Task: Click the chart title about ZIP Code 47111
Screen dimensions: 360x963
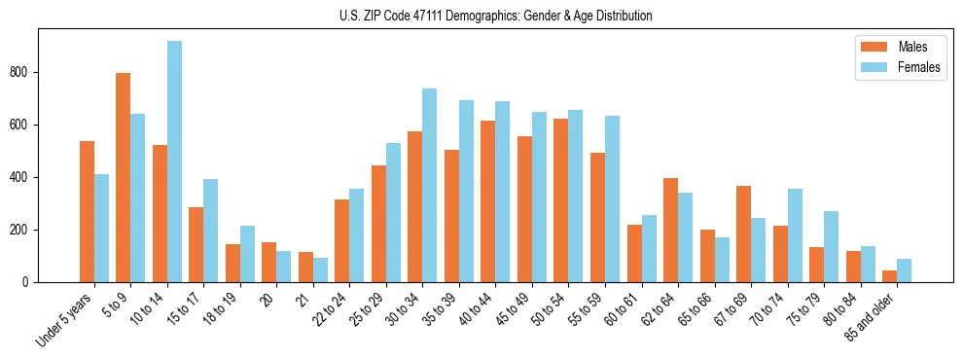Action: coord(481,16)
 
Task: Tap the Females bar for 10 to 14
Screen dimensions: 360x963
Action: coord(174,162)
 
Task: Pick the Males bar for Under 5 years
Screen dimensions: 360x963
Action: coord(87,211)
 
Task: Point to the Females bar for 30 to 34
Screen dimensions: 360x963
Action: coord(429,185)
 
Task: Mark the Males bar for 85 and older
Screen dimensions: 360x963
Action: coord(890,276)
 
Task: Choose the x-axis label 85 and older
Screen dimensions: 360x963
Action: coord(872,317)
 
